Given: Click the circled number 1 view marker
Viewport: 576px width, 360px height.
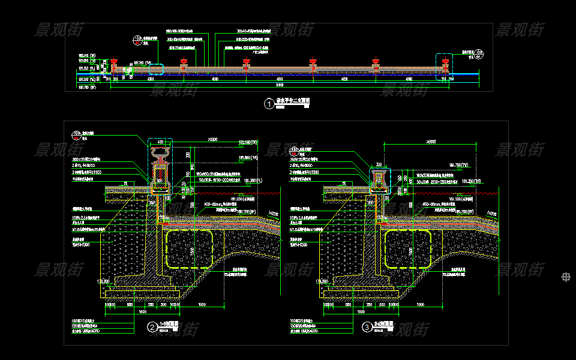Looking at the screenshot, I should (x=268, y=104).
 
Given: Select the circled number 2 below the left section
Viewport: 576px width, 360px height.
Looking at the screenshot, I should (x=152, y=328).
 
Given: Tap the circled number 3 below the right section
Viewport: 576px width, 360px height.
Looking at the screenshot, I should (x=367, y=328).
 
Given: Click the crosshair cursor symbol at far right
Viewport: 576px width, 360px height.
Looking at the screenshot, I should (x=565, y=277).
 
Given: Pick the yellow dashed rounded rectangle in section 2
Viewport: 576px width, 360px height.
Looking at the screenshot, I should (x=190, y=248).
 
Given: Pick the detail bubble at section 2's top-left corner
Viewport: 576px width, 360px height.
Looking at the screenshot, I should (x=77, y=134).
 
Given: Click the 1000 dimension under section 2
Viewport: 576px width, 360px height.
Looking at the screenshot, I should (x=202, y=305).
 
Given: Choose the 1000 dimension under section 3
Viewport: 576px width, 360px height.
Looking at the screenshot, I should (x=420, y=305).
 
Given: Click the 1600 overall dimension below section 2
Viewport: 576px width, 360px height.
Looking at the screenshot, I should (x=142, y=312).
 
